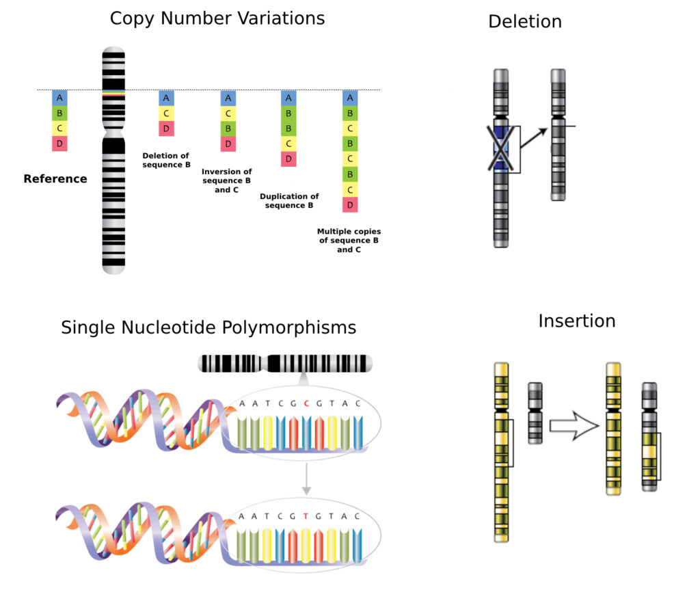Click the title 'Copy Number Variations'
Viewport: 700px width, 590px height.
click(217, 18)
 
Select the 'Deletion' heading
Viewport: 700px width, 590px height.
click(525, 21)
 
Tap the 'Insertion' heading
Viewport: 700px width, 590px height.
click(576, 321)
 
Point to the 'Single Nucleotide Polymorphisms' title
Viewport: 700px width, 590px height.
click(208, 327)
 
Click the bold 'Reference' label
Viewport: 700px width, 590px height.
click(55, 179)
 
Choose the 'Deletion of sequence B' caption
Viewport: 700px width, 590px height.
click(166, 161)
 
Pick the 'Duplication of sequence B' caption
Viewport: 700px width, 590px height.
click(289, 201)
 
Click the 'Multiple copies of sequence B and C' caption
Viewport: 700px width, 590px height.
click(349, 241)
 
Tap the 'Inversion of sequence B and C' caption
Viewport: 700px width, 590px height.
click(226, 180)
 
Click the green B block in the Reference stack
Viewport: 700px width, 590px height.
click(59, 113)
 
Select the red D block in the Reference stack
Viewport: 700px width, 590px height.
click(59, 144)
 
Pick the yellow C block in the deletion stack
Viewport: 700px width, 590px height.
click(166, 113)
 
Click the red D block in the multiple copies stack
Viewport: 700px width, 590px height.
click(349, 204)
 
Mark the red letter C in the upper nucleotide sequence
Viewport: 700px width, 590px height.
click(307, 403)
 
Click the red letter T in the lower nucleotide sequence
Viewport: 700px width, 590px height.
click(307, 516)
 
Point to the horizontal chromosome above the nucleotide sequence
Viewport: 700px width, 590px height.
click(285, 364)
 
